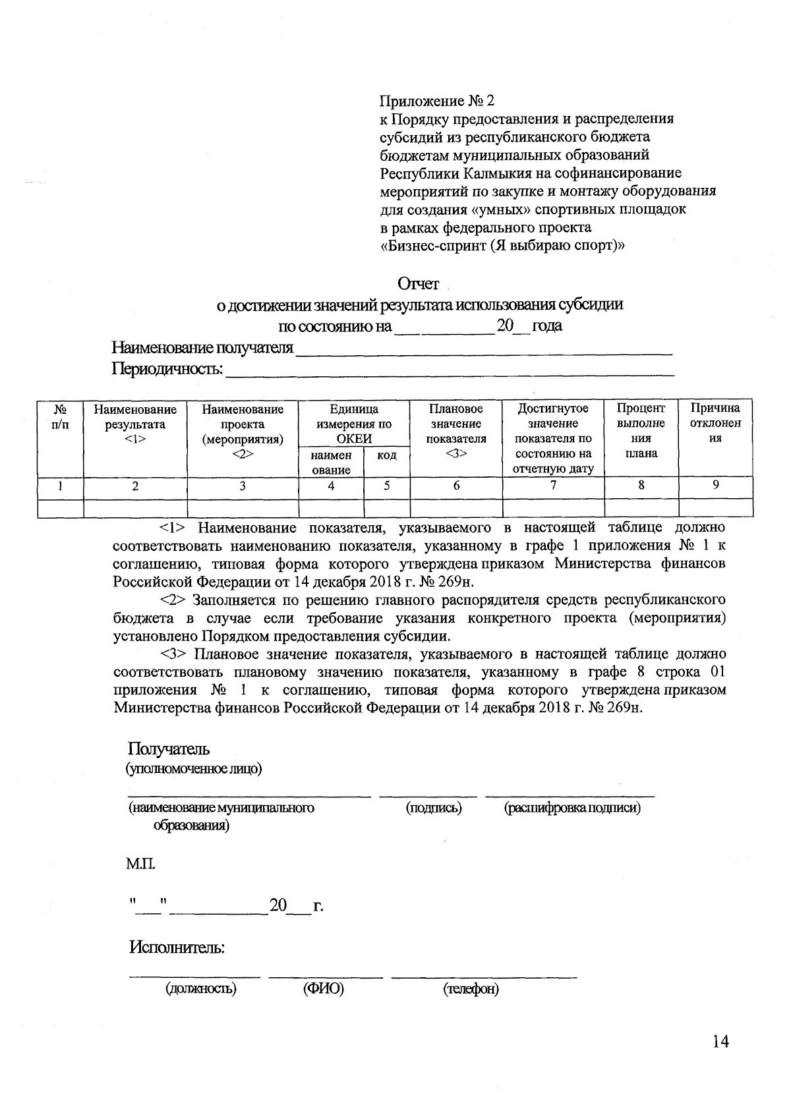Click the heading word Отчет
click(x=418, y=284)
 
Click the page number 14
click(x=720, y=1042)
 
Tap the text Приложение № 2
click(x=436, y=101)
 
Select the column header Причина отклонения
click(x=715, y=424)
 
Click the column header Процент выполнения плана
click(x=641, y=431)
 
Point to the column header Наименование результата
click(x=135, y=424)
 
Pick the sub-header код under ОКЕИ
click(x=386, y=455)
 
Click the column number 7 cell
click(x=553, y=486)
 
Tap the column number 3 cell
click(x=243, y=486)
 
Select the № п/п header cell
click(x=60, y=417)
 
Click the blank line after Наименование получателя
click(x=484, y=349)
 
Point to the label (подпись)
click(x=433, y=808)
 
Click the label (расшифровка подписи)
click(x=572, y=808)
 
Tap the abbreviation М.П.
click(x=141, y=864)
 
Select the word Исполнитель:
click(x=177, y=948)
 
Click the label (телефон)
click(x=471, y=989)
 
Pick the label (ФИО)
click(x=323, y=989)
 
